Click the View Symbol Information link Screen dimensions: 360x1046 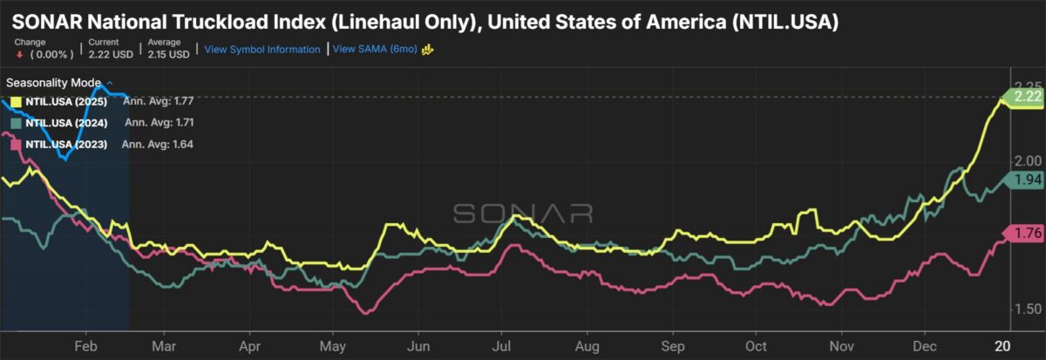click(262, 50)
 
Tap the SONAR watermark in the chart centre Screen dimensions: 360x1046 click(523, 214)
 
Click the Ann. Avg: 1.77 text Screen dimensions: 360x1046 click(158, 101)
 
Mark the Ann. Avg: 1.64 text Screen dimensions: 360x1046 click(158, 144)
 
